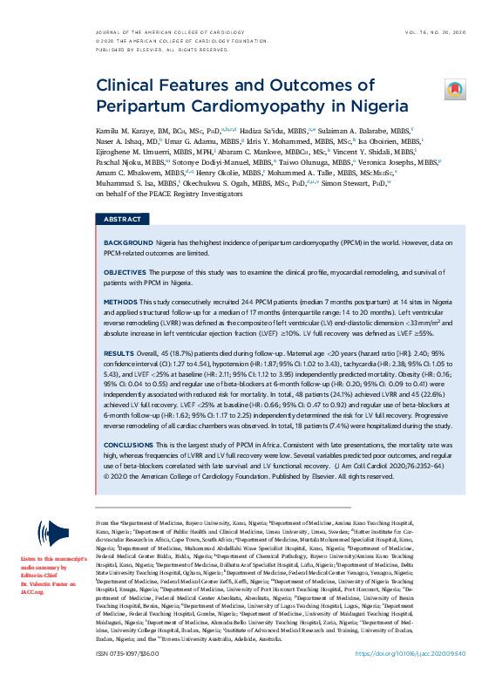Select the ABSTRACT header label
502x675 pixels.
click(123, 219)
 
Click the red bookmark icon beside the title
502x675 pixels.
click(455, 89)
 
